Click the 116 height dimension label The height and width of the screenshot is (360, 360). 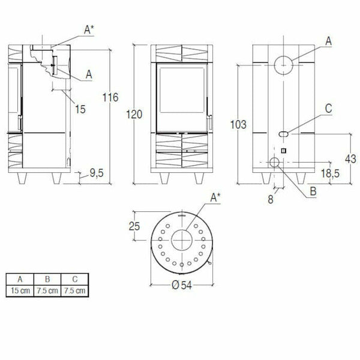pos(110,98)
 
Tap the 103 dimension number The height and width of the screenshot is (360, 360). pos(238,125)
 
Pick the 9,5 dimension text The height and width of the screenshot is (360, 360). pos(97,173)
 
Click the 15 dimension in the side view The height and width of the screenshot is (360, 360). pos(81,109)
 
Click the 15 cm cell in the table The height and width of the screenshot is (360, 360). pos(20,290)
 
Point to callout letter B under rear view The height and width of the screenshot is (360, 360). pos(313,192)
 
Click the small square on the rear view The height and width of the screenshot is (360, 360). pos(284,151)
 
